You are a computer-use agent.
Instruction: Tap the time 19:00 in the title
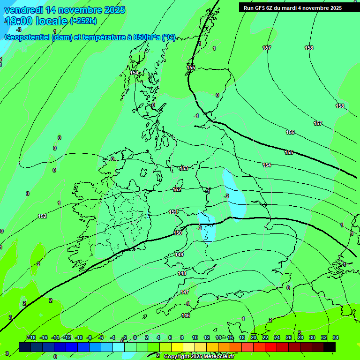tap(19, 21)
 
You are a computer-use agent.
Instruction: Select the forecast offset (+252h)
tap(83, 21)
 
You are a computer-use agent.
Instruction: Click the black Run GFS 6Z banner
tap(292, 7)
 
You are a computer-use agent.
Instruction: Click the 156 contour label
tap(290, 133)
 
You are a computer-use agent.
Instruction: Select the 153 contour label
tap(184, 168)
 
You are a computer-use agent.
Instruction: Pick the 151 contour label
tap(173, 212)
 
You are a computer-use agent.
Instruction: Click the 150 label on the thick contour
tap(178, 233)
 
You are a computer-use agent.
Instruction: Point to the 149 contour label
tap(180, 255)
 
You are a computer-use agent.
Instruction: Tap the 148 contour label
tap(182, 273)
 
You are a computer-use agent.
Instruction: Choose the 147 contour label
tap(185, 292)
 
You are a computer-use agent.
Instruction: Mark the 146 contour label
tap(186, 315)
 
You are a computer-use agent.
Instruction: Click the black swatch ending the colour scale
tap(330, 346)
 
